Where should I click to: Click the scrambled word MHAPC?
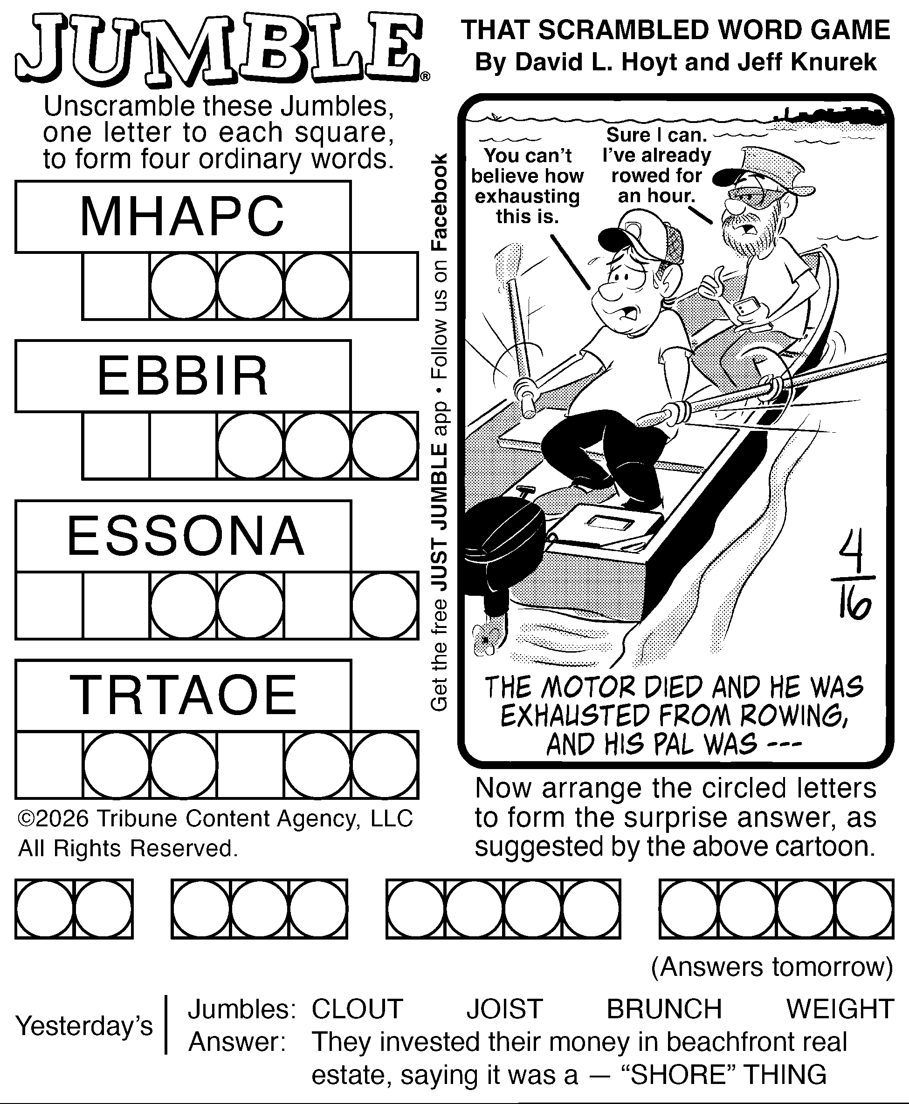182,216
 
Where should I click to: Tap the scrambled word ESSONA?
186,536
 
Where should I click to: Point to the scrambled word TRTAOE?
183,695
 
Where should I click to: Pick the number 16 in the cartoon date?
854,606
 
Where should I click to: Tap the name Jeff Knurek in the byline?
807,62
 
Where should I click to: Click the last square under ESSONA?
385,606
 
